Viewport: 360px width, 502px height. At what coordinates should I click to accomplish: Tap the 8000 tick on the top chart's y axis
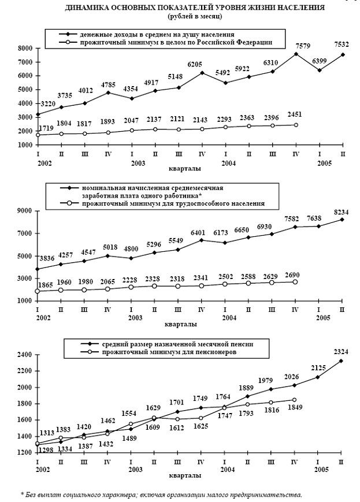pos(24,48)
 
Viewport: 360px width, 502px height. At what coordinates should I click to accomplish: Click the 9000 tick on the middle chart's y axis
pos(24,211)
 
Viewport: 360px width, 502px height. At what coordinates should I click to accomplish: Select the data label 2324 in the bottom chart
pos(343,351)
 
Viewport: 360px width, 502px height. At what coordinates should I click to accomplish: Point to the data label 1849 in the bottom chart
pos(295,409)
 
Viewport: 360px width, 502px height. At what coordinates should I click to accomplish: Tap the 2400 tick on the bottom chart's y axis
pos(24,355)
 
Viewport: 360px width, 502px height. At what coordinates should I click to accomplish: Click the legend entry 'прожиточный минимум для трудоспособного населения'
pos(173,203)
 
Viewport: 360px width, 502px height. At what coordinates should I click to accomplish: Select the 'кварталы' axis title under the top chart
pos(180,169)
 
